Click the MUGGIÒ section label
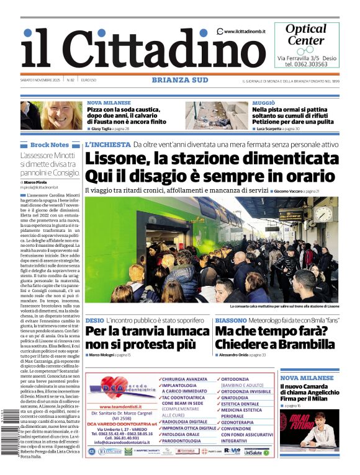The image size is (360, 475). click(264, 102)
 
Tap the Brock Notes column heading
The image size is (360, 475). click(50, 145)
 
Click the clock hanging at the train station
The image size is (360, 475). click(323, 214)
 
